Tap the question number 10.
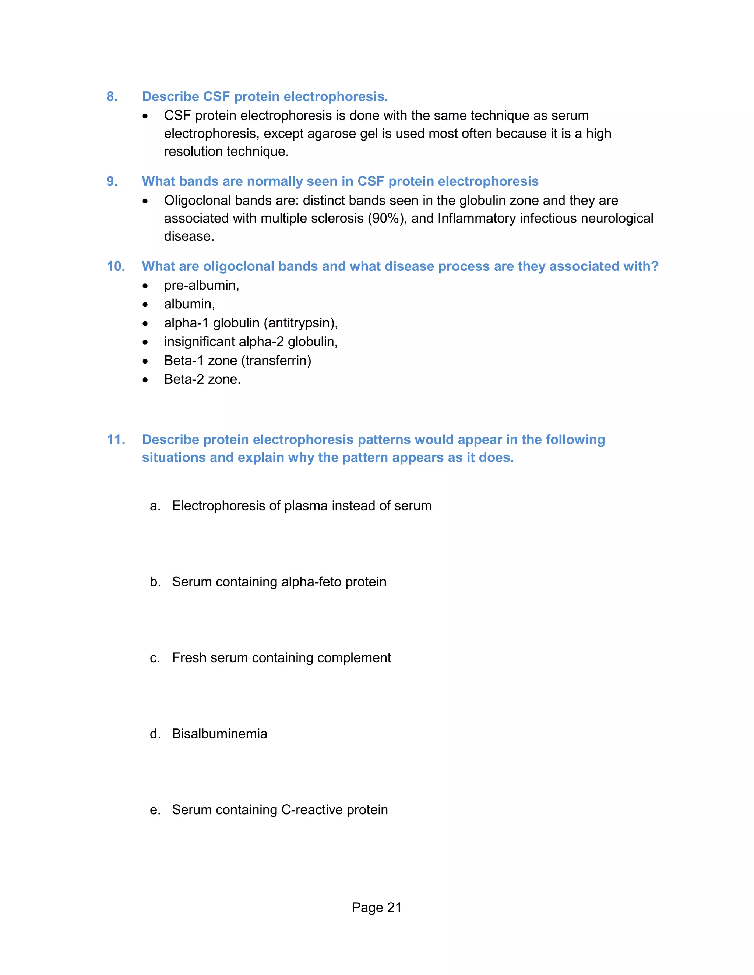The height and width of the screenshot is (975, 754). click(116, 266)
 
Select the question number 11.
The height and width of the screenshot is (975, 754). click(116, 439)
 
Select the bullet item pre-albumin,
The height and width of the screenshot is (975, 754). click(201, 285)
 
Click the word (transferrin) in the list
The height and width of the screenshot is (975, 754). click(276, 360)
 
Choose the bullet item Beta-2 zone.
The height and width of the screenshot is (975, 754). click(202, 379)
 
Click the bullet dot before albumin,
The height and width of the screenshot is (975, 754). click(145, 305)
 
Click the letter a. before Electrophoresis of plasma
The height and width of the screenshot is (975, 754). click(155, 506)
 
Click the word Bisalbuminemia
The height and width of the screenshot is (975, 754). click(219, 734)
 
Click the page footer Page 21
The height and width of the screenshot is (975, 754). click(376, 907)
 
